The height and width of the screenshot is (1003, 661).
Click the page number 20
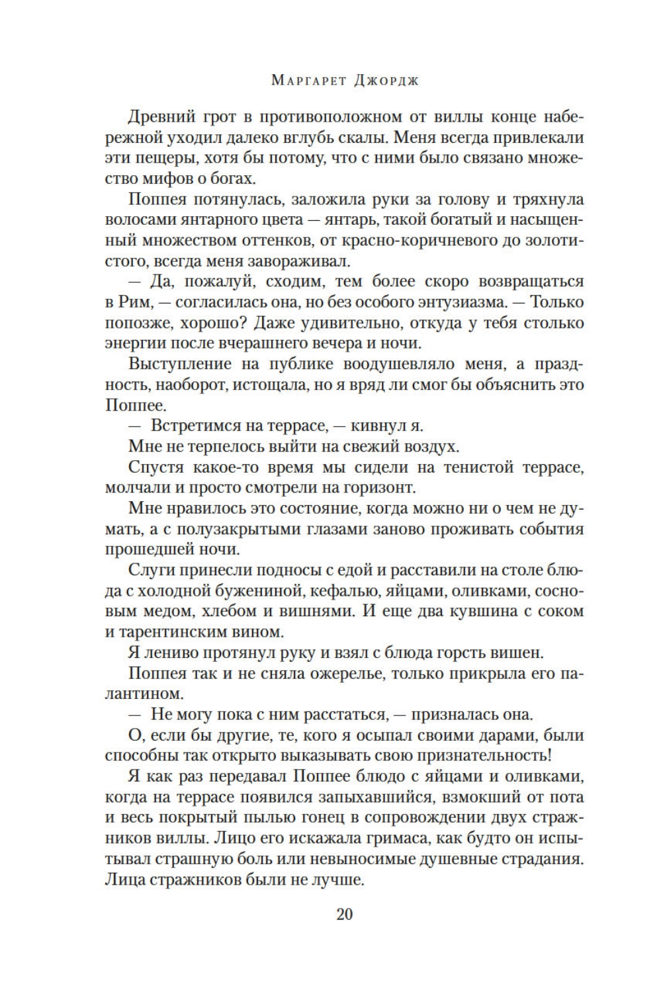(x=345, y=915)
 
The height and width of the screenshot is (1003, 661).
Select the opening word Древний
(x=163, y=118)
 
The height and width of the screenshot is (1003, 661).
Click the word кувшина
(x=477, y=611)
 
